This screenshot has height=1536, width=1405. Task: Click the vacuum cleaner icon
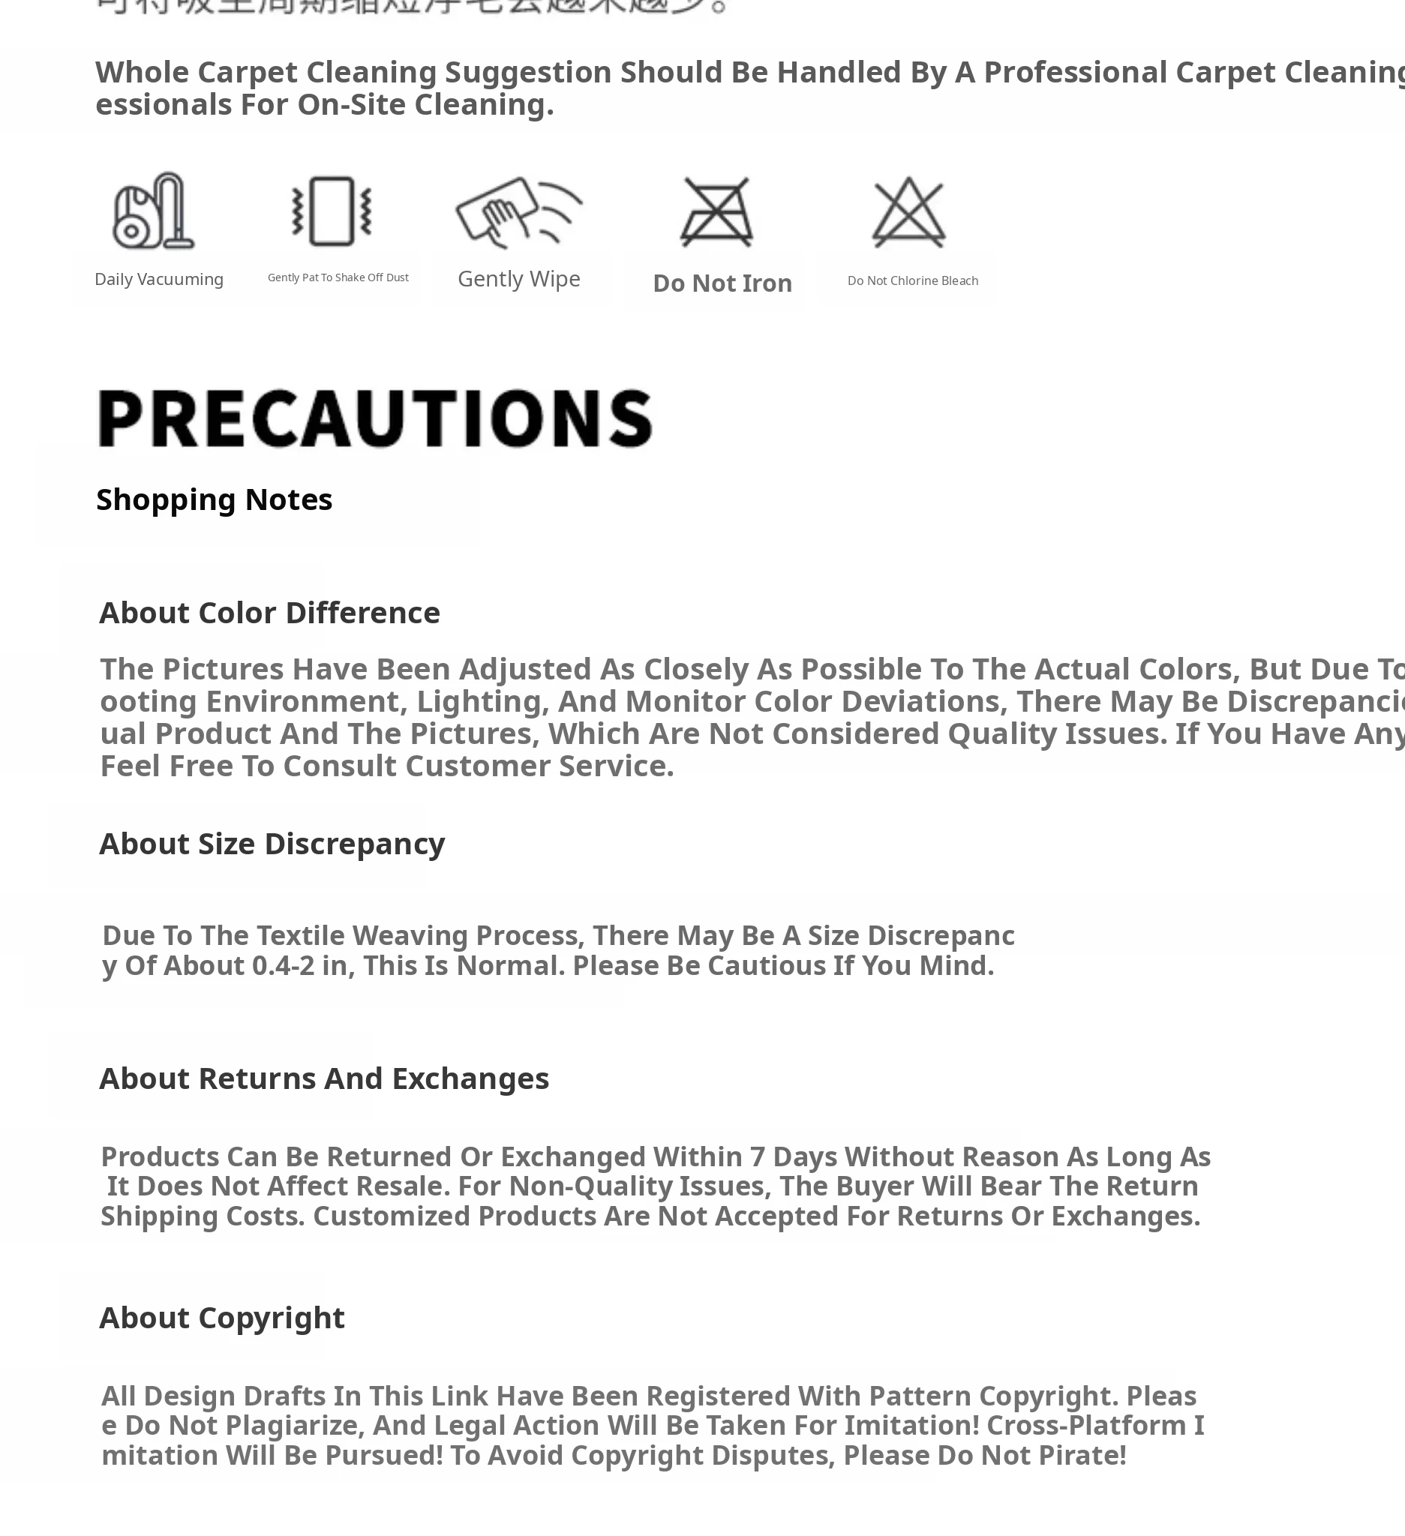tap(152, 211)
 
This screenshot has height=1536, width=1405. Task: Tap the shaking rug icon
tap(332, 211)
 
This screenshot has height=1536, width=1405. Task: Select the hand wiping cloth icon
tap(518, 211)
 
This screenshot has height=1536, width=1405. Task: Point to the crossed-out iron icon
tap(716, 211)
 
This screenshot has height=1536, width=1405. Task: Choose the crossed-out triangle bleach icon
tap(908, 211)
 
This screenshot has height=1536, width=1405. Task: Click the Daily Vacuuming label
tap(158, 280)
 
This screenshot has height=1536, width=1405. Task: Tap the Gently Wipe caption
tap(519, 279)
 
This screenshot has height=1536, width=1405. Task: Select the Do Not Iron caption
tap(722, 283)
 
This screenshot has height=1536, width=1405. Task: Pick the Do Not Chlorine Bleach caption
tap(912, 281)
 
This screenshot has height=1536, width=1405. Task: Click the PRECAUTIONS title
tap(375, 418)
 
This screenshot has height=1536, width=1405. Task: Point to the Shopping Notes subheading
tap(214, 499)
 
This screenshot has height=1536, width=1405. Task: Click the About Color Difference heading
tap(270, 613)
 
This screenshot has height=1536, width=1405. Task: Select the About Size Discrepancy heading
tap(272, 844)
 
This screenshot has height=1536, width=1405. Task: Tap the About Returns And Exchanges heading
tap(324, 1078)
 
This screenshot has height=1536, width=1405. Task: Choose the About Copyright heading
tap(222, 1318)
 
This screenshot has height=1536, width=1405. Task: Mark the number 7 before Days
tap(757, 1157)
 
